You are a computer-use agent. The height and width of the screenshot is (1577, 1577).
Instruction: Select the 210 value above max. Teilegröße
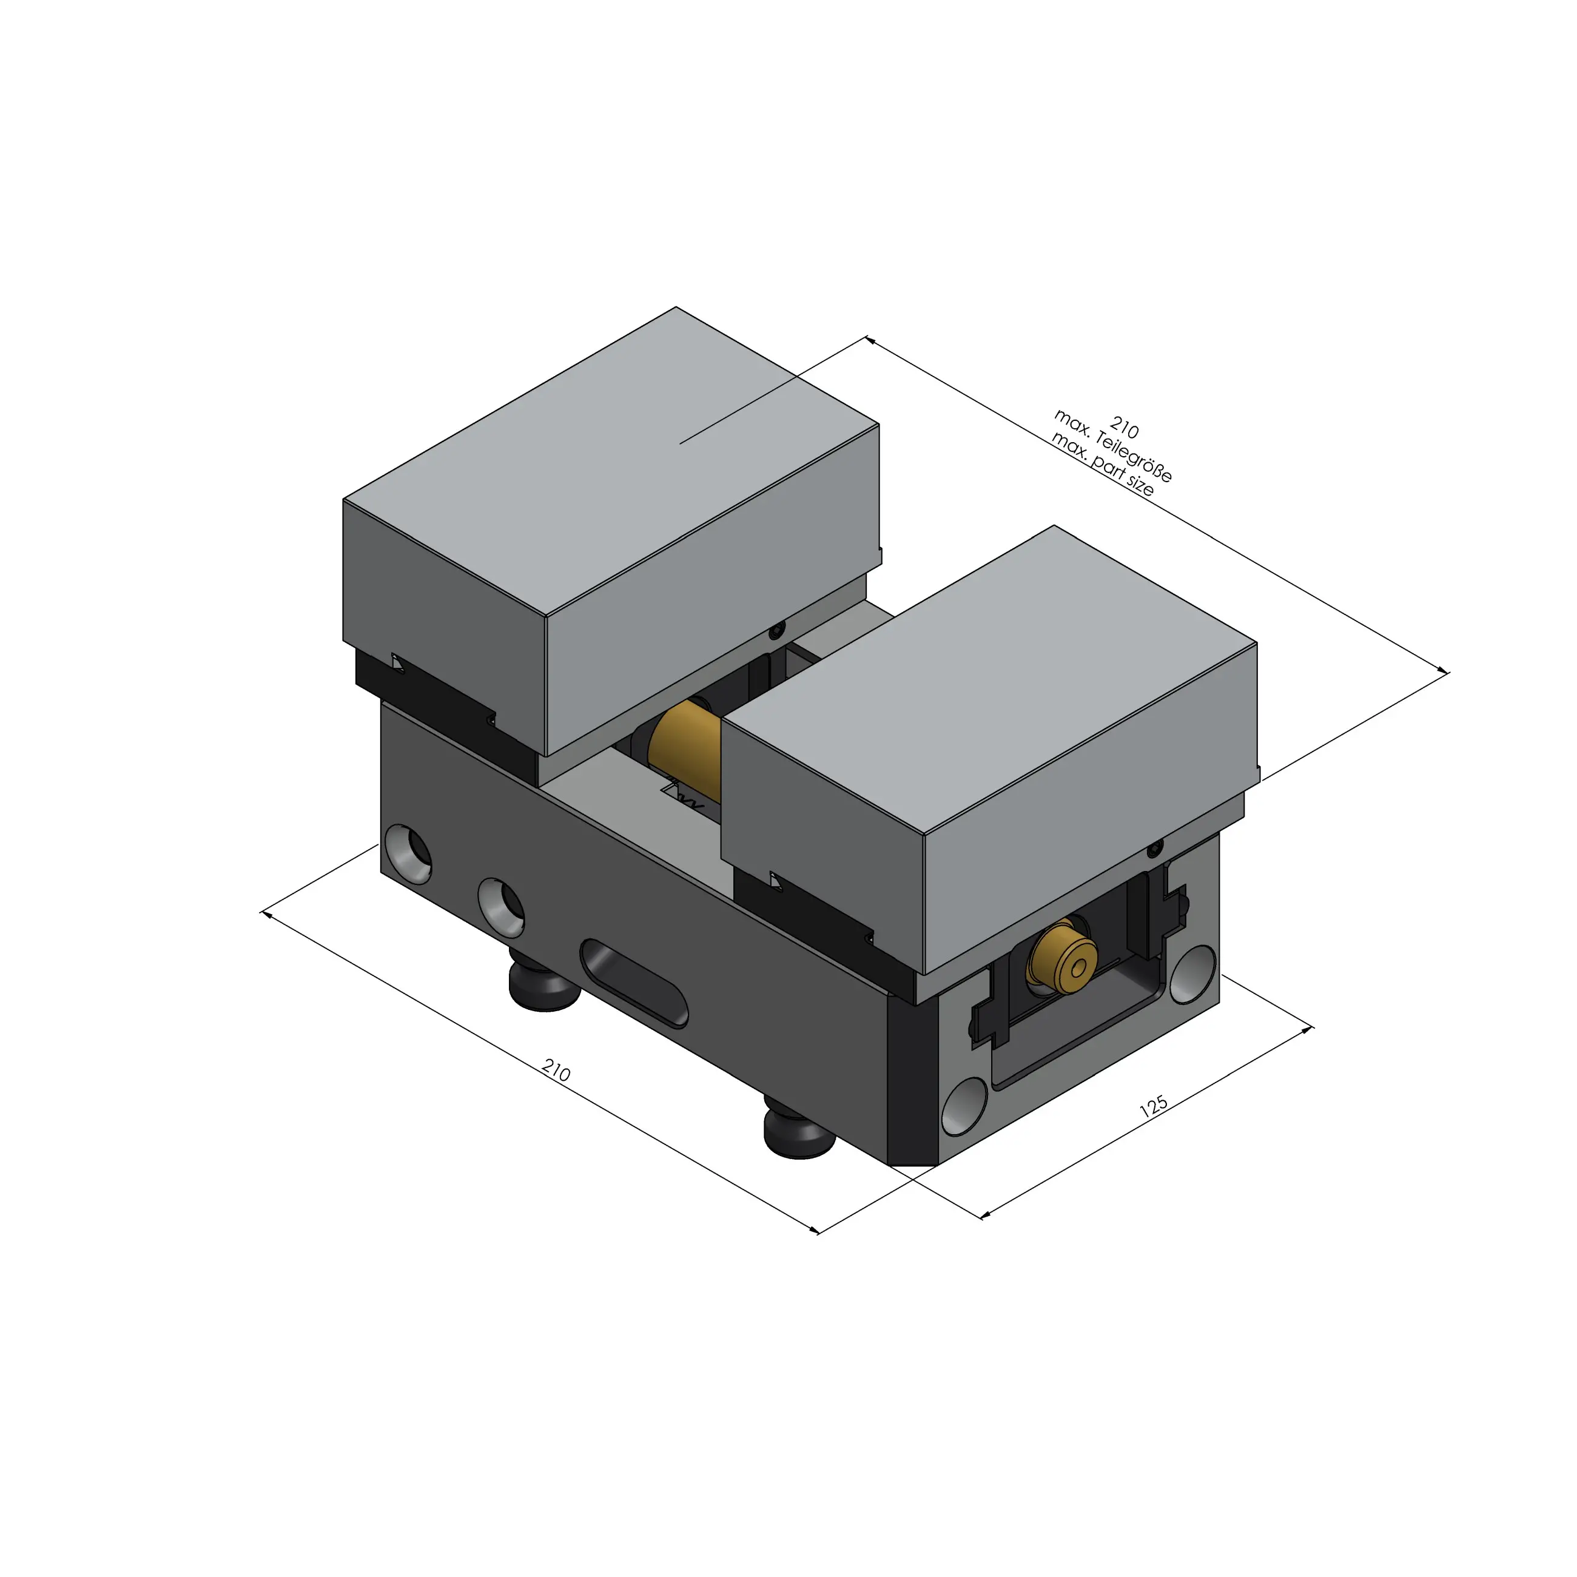1124,429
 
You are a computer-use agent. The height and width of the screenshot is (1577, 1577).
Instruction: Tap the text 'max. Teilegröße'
1114,446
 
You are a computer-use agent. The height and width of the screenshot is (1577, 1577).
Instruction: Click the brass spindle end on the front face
1061,957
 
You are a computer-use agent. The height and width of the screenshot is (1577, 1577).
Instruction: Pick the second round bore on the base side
501,906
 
